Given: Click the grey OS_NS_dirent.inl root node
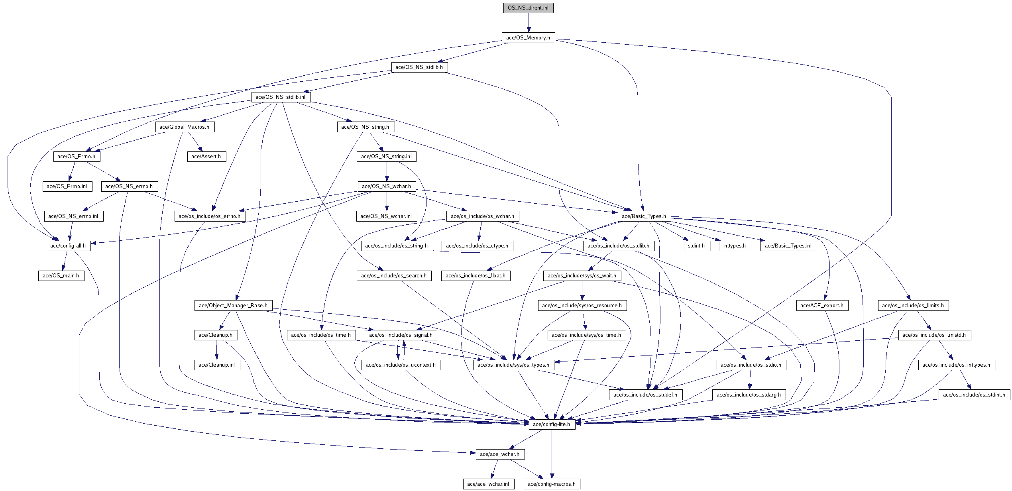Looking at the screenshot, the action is pos(528,8).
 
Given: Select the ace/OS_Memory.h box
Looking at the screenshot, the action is pos(528,38).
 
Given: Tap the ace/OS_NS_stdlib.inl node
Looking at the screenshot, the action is pos(281,97).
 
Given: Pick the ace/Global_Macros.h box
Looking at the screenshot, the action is pos(185,127).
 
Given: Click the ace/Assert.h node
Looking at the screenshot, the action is pos(206,157).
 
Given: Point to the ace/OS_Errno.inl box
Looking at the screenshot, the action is pos(67,187).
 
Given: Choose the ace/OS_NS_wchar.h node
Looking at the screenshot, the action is pos(387,187).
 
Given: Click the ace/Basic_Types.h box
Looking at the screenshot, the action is pos(644,216).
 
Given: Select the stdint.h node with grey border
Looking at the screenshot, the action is pos(696,246).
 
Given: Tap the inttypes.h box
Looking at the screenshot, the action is pos(735,246).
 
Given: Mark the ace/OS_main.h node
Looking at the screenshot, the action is pos(61,276).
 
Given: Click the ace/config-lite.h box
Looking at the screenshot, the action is pos(552,424).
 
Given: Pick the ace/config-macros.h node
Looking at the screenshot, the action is pos(552,484).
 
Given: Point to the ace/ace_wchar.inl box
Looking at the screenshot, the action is pos(488,484).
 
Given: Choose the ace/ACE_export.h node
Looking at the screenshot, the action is pos(822,306).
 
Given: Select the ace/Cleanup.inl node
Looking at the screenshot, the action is pos(217,365).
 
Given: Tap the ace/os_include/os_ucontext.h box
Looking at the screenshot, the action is pos(401,365).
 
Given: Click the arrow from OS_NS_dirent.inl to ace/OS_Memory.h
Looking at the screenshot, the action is pos(528,23).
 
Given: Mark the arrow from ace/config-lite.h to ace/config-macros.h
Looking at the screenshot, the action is pos(552,454).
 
